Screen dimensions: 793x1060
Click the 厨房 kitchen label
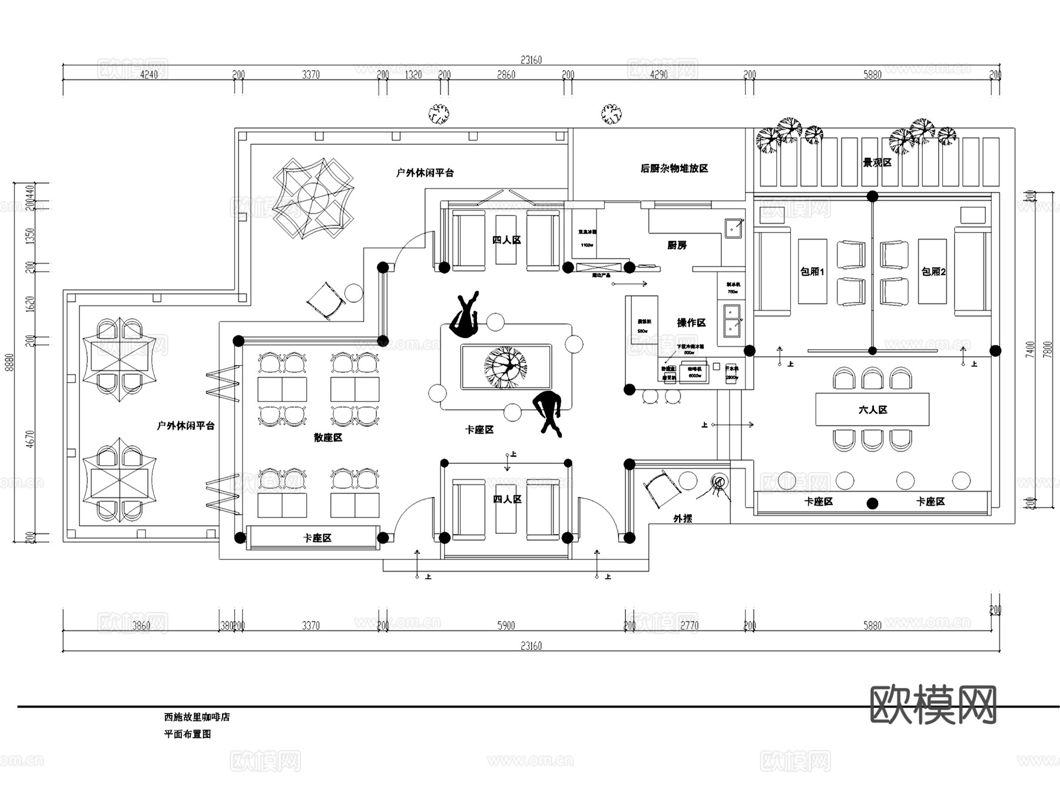click(x=677, y=245)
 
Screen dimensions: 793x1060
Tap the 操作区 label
click(x=691, y=323)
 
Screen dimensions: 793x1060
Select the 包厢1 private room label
click(x=812, y=271)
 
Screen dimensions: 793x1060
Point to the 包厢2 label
click(x=933, y=271)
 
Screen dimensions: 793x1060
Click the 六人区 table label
click(x=872, y=410)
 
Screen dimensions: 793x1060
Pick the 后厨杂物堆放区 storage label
click(x=674, y=168)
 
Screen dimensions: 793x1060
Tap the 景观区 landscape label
click(x=877, y=162)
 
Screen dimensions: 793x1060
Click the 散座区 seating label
click(x=327, y=437)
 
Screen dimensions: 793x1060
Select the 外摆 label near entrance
click(x=683, y=518)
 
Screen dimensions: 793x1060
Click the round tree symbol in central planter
click(x=505, y=367)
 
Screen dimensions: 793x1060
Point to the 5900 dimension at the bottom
click(x=506, y=625)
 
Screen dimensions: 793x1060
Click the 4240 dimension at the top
click(x=148, y=75)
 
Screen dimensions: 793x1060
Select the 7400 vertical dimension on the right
click(x=1029, y=349)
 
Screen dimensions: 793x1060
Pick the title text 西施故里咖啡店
click(x=197, y=717)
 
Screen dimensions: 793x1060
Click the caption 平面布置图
click(x=187, y=734)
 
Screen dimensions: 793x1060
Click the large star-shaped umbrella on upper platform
click(x=313, y=197)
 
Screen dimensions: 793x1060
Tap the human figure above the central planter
click(x=465, y=315)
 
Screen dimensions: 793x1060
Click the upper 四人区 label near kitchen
click(x=506, y=240)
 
